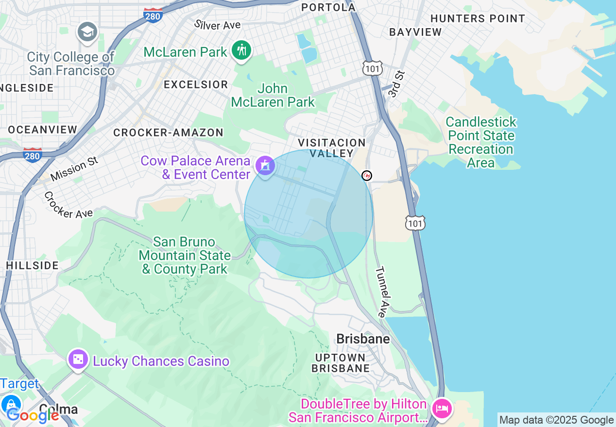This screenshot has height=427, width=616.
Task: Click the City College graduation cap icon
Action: click(x=87, y=32)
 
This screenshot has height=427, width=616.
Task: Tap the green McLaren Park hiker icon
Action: click(x=241, y=50)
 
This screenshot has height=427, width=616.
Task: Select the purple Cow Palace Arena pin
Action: click(x=265, y=166)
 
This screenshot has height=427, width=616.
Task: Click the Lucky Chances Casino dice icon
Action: click(x=78, y=360)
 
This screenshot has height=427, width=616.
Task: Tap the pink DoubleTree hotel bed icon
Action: click(x=442, y=408)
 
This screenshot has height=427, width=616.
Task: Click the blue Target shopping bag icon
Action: click(x=11, y=404)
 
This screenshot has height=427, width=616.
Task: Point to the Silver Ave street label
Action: click(x=217, y=25)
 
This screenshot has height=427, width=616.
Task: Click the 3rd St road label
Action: click(x=396, y=83)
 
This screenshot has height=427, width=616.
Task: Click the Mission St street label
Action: click(x=74, y=169)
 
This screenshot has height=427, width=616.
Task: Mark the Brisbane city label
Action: click(x=363, y=339)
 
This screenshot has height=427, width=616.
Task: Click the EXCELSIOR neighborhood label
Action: click(x=196, y=84)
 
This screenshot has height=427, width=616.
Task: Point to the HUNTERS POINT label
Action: click(x=478, y=18)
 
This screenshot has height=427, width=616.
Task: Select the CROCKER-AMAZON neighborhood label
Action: click(x=168, y=132)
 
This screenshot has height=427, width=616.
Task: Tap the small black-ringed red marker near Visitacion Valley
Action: click(x=367, y=176)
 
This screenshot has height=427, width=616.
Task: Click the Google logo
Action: click(x=33, y=415)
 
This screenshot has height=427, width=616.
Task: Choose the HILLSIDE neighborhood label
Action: click(x=33, y=265)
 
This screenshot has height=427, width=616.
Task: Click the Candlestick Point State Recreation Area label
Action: click(x=480, y=142)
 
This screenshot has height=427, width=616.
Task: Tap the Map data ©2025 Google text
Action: click(x=556, y=420)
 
